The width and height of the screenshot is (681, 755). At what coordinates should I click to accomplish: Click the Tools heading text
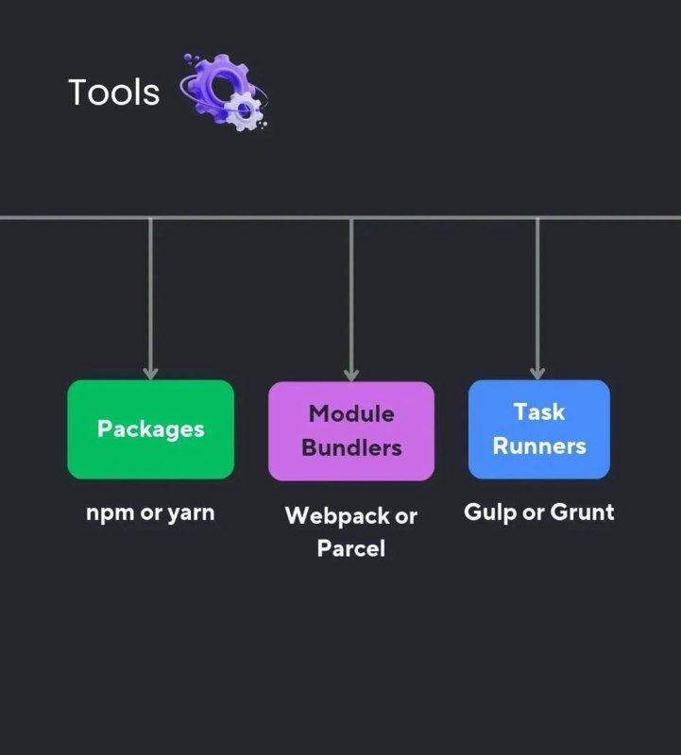(x=113, y=92)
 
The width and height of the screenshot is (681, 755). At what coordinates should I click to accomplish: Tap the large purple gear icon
(x=218, y=86)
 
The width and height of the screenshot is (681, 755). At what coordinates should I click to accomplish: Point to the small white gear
(x=246, y=110)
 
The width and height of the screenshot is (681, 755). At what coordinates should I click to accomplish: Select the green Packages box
(x=151, y=429)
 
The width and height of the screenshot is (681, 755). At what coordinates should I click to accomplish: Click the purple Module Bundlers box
(x=351, y=431)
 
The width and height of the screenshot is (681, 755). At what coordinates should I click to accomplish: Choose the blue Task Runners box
(x=539, y=429)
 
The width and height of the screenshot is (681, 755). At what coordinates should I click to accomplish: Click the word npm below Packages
(x=110, y=513)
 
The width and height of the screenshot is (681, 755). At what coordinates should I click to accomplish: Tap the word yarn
(x=191, y=513)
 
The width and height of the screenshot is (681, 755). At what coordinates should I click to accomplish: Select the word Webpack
(x=337, y=516)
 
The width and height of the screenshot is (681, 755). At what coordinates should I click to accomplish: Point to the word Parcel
(x=351, y=548)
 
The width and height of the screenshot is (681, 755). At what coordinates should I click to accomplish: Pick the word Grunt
(x=582, y=512)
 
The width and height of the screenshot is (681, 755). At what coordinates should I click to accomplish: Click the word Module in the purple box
(x=351, y=413)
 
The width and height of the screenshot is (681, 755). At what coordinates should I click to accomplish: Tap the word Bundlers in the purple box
(x=351, y=447)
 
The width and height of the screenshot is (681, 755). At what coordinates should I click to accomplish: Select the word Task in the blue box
(x=539, y=412)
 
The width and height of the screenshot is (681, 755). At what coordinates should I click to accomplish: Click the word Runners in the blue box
(x=539, y=445)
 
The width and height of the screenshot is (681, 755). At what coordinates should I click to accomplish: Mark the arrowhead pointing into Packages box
(x=151, y=374)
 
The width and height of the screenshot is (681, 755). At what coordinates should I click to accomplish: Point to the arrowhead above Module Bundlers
(x=351, y=376)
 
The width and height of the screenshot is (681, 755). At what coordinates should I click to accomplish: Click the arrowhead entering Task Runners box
(x=537, y=374)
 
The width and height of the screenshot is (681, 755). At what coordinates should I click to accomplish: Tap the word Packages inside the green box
(x=151, y=429)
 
